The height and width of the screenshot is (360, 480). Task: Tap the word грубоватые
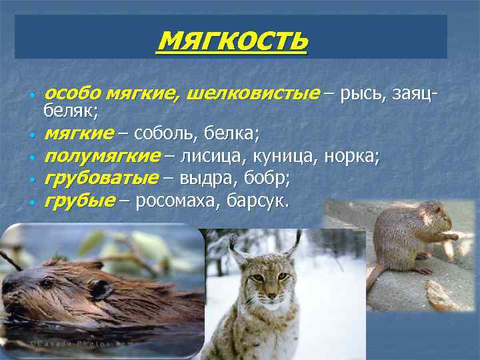click(101, 178)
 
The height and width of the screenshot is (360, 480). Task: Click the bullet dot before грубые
click(31, 202)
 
